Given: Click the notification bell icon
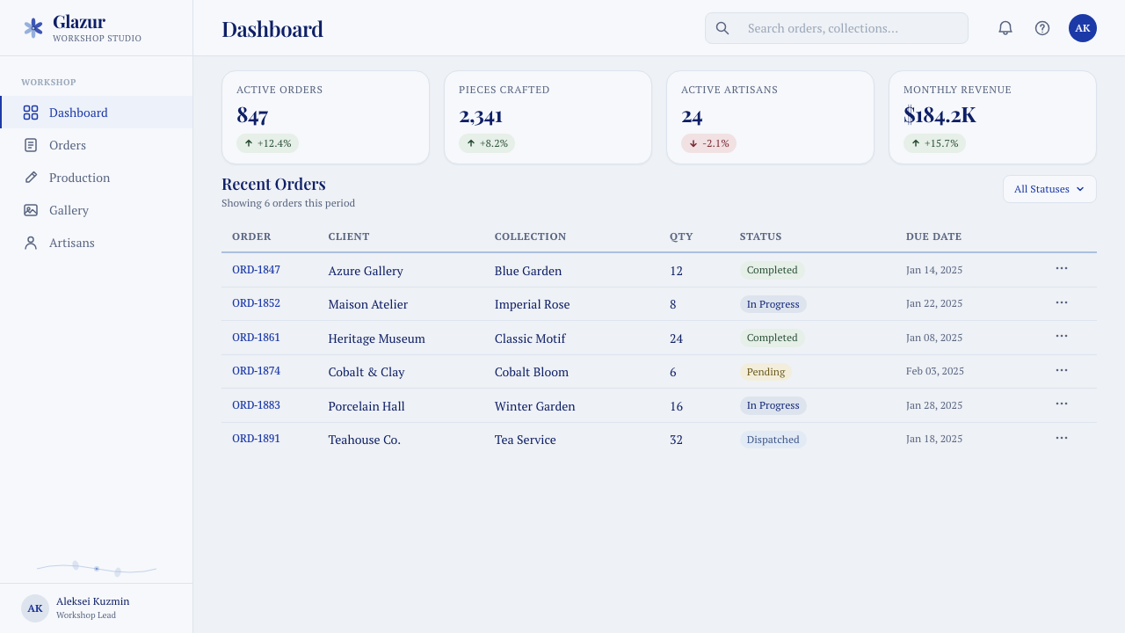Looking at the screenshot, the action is tap(1005, 28).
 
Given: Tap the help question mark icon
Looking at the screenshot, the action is tap(1042, 28).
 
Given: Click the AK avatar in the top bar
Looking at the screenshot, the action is tap(1082, 28).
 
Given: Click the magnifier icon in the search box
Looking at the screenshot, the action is tap(722, 28).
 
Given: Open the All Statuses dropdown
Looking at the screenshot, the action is tap(1049, 189).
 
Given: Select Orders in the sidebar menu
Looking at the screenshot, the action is tap(68, 145).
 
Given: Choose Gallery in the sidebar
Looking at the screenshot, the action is tap(69, 210).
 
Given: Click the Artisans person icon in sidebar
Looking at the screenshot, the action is tap(31, 243).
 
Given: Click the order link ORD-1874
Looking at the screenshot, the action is tap(256, 371).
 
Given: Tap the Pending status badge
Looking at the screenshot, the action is tap(766, 372).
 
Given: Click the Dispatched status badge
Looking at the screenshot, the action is tap(773, 440).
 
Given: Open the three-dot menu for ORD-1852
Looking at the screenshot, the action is tap(1061, 302).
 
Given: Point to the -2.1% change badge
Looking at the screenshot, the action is tap(708, 143).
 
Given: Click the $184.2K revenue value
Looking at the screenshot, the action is tap(940, 115).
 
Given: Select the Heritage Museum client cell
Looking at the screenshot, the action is tap(377, 338).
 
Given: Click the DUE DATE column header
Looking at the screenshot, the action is tap(933, 236).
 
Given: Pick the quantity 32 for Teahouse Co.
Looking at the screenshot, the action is tap(676, 440).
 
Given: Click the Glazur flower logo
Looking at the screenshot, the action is tap(33, 28).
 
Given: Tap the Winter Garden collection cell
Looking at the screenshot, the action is tap(535, 406).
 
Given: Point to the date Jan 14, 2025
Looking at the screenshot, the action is tap(934, 270).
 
